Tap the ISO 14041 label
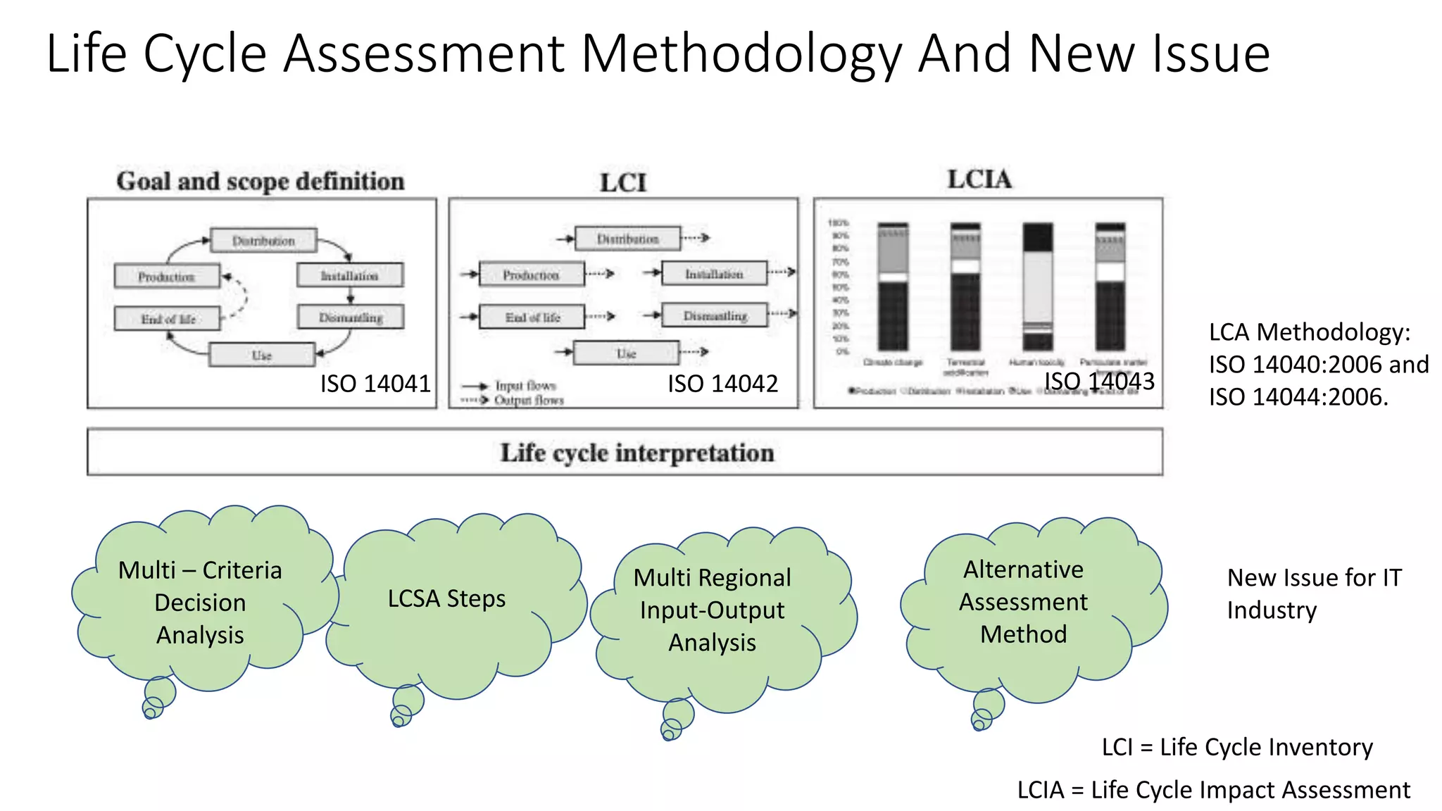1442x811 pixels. [x=375, y=384]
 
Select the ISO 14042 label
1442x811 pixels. [x=722, y=384]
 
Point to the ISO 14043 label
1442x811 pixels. [x=1099, y=381]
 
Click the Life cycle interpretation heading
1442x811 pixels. [x=637, y=453]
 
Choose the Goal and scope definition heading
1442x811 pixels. [x=261, y=182]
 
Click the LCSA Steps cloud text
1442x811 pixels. [x=446, y=598]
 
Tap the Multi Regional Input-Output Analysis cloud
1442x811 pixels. [x=712, y=610]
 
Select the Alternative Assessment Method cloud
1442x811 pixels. [x=1023, y=601]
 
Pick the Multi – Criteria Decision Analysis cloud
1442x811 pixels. [x=200, y=602]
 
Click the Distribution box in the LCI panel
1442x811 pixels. [x=627, y=239]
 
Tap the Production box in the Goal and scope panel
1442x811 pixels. [x=167, y=276]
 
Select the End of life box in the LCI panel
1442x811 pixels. [x=532, y=317]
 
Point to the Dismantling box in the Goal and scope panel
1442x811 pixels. [x=351, y=317]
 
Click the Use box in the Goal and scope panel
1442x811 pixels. [x=262, y=355]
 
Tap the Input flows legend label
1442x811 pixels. [x=525, y=386]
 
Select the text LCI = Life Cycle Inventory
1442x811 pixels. [x=1237, y=747]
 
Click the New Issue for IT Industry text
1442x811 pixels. [x=1313, y=593]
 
